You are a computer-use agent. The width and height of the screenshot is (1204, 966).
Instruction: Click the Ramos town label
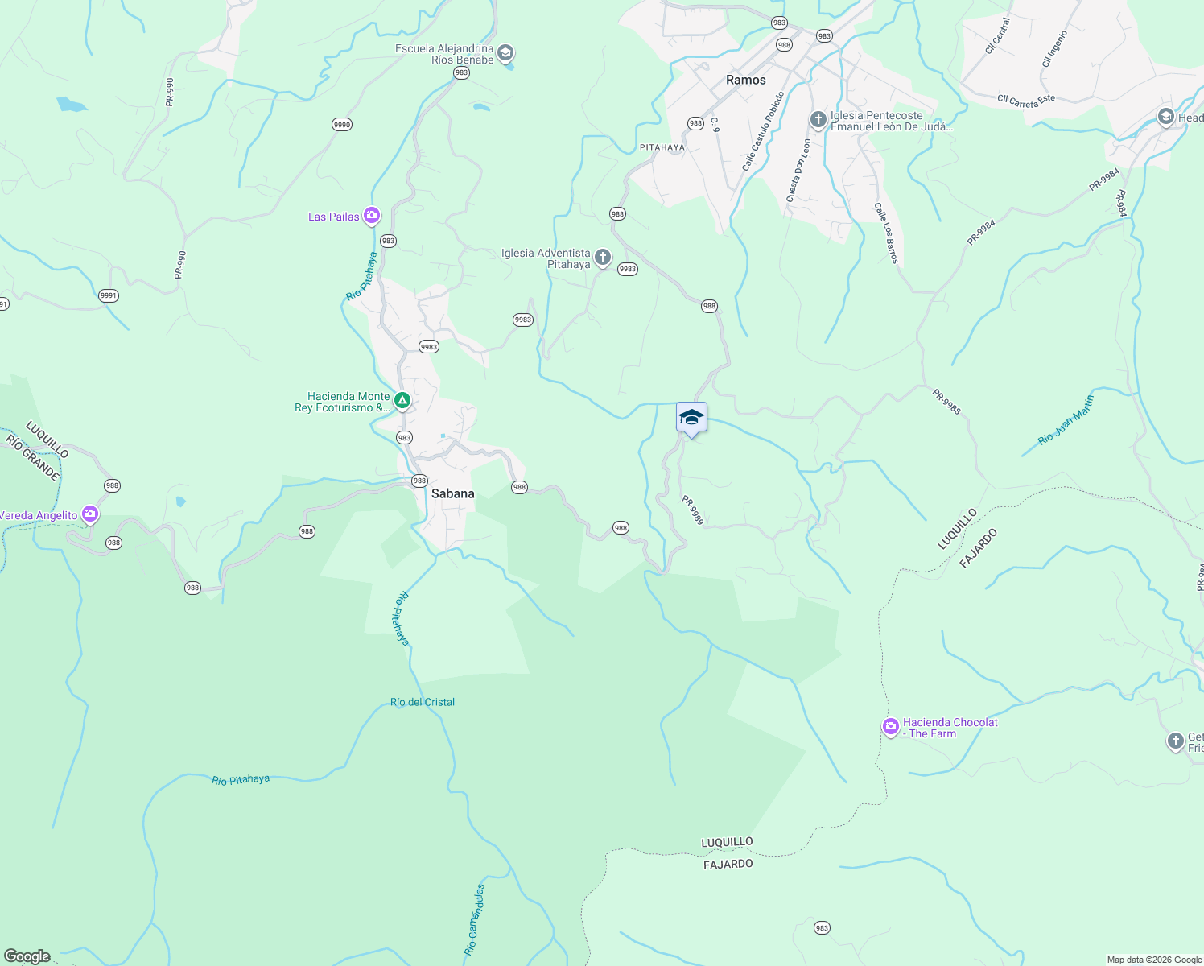[x=745, y=80]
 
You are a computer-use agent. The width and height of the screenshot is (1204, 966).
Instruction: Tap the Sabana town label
[x=452, y=493]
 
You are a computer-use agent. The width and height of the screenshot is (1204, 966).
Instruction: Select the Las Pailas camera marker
[x=371, y=215]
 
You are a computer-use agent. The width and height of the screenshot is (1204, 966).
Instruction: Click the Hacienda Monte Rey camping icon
[x=402, y=400]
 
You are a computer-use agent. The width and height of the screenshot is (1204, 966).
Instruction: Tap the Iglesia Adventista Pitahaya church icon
[x=602, y=258]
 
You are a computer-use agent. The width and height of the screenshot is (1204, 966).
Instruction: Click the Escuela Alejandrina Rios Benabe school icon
[x=505, y=54]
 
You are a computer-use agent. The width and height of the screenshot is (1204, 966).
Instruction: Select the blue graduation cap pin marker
[x=691, y=419]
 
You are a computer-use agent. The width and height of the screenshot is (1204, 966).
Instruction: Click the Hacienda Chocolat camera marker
[x=890, y=727]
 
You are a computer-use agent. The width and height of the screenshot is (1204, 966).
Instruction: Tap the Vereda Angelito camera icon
[x=90, y=514]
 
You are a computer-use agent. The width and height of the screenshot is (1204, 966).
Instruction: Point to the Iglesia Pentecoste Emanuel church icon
[x=818, y=120]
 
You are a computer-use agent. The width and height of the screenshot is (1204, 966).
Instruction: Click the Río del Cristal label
[x=423, y=702]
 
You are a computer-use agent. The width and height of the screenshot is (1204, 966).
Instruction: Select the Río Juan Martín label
[x=1066, y=420]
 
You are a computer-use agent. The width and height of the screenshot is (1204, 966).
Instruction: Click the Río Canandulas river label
[x=475, y=919]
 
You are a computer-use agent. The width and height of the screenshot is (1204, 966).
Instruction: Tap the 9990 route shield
[x=342, y=124]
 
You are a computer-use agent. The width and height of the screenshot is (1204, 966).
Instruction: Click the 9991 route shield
[x=109, y=295]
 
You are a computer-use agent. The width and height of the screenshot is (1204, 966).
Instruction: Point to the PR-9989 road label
[x=693, y=510]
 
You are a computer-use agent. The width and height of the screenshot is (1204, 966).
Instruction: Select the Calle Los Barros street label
[x=885, y=233]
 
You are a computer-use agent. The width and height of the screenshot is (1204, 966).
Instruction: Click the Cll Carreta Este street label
[x=1025, y=100]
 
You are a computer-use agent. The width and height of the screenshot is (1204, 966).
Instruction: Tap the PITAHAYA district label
[x=662, y=147]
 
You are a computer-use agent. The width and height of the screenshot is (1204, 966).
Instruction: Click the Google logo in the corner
[x=27, y=956]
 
